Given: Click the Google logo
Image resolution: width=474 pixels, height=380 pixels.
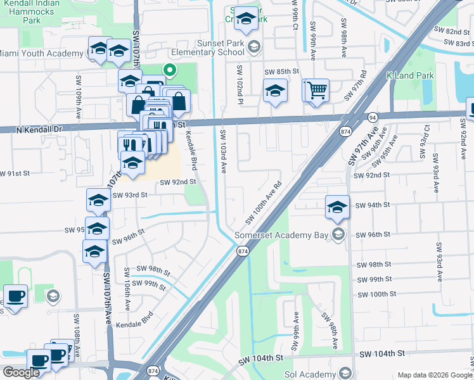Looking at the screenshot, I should pos(21,372).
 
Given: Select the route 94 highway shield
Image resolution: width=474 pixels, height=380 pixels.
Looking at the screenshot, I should pos(372,117).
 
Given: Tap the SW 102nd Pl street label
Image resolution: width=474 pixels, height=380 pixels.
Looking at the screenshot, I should pos(240,85).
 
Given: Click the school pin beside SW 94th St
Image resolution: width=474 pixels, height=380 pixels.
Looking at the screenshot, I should pos(337,206).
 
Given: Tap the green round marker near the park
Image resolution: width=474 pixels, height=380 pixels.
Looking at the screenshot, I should pos(169,70).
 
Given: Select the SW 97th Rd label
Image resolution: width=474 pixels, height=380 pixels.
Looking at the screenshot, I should pos(357,85).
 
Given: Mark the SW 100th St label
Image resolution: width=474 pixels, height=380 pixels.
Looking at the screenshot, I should pos(376,294).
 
